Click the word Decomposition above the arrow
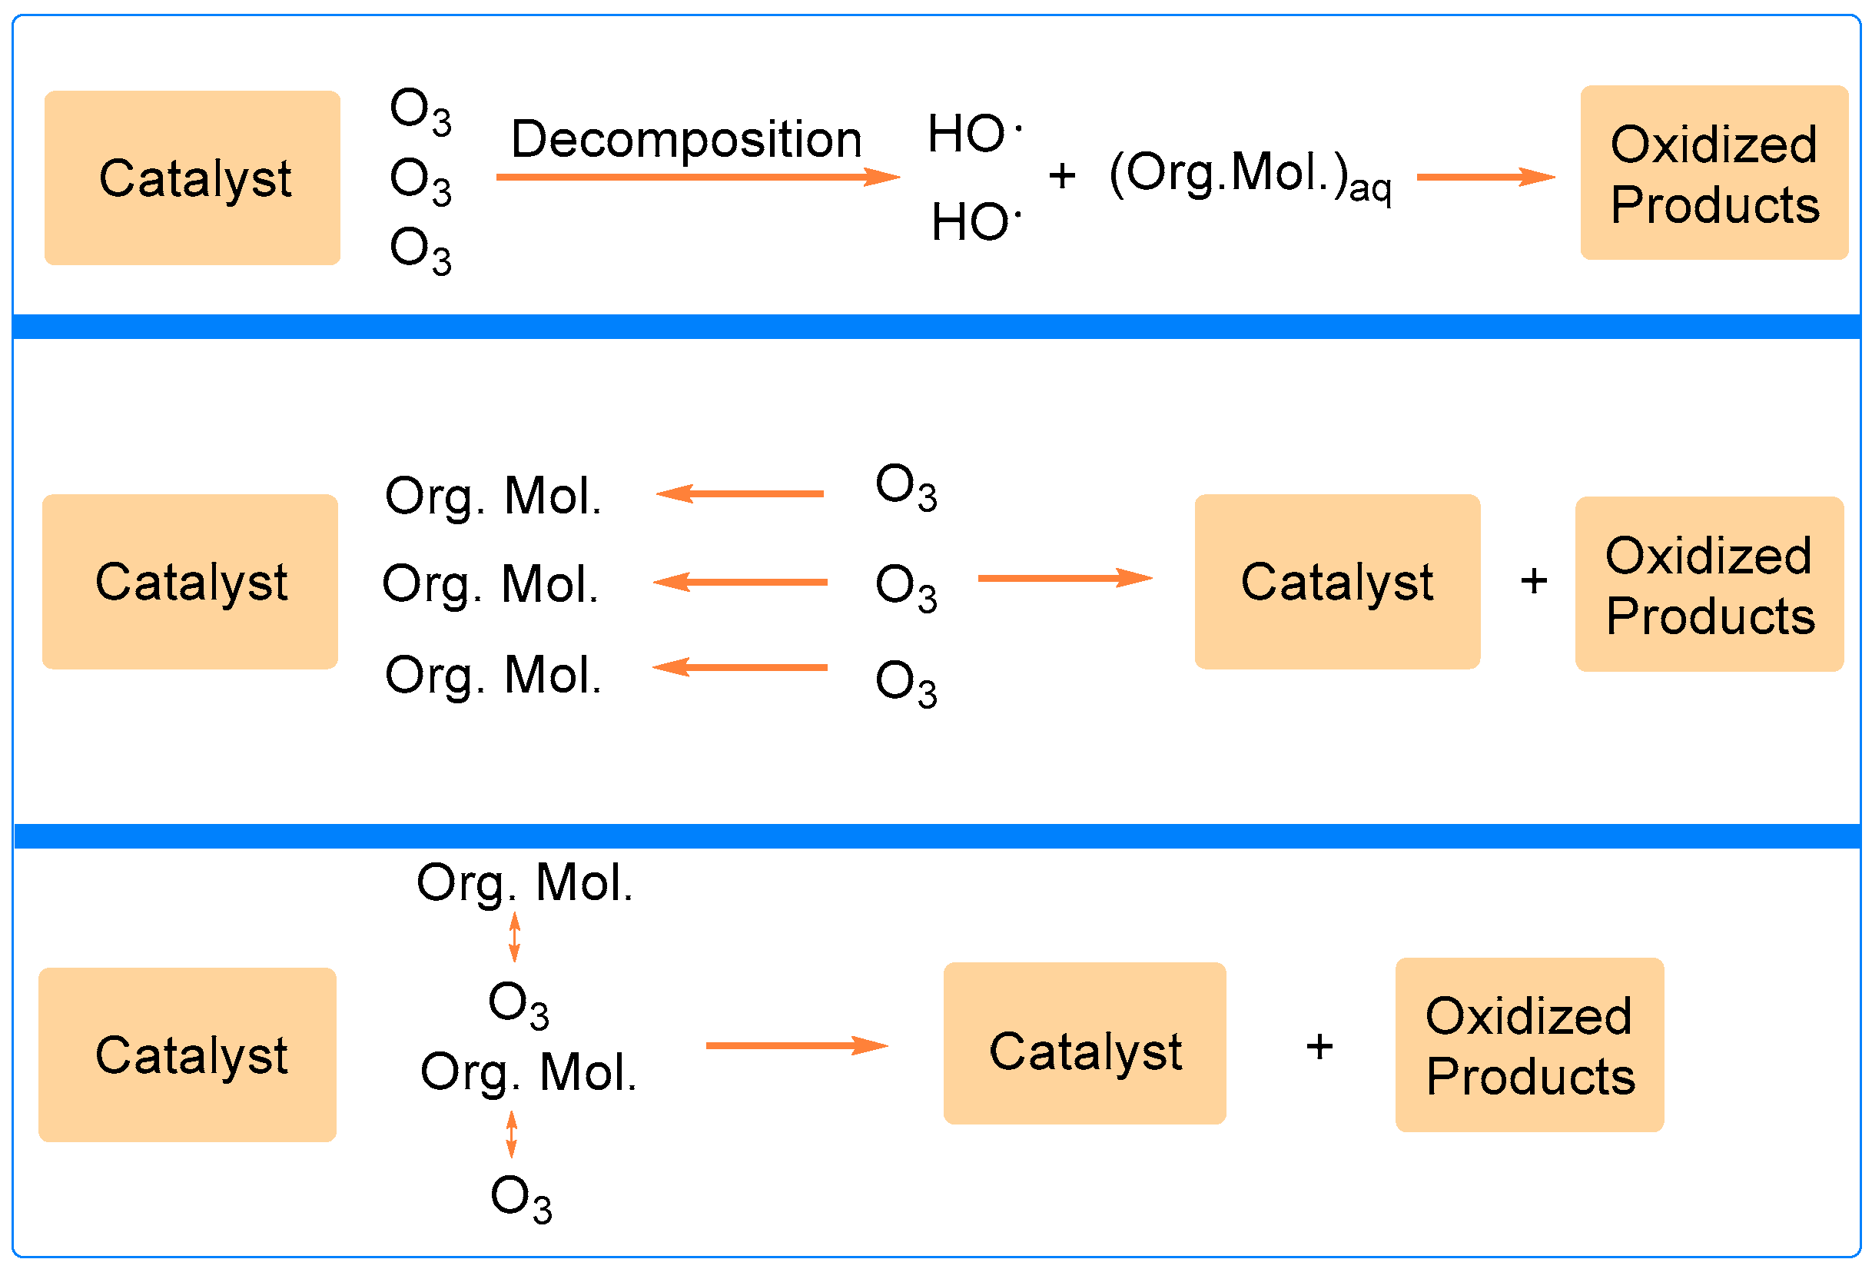(685, 139)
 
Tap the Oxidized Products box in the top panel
(1714, 172)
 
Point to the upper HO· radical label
(973, 133)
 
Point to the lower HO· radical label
(975, 221)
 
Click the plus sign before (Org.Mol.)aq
(1062, 176)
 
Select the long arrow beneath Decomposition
(697, 177)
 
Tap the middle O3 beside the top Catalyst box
(420, 180)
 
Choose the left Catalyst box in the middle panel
(190, 581)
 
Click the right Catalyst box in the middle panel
(1336, 581)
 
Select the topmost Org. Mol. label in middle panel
(493, 496)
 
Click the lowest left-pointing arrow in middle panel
(739, 667)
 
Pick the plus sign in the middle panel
(1534, 581)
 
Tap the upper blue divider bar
(934, 327)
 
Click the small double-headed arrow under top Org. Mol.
(515, 936)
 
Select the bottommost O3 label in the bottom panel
(521, 1198)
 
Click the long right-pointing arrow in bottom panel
(796, 1046)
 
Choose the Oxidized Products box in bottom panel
(1528, 1045)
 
